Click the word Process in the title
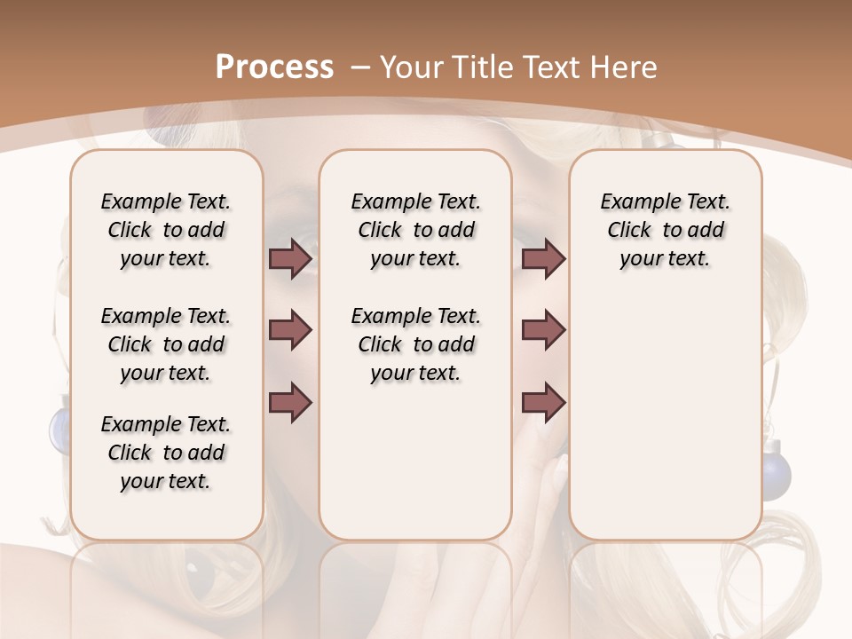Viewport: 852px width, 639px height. [x=274, y=67]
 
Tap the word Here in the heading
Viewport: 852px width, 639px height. [x=625, y=67]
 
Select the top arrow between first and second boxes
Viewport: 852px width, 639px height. [x=291, y=259]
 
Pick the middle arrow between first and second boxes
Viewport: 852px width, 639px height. [x=291, y=331]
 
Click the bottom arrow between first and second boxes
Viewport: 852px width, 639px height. [x=291, y=403]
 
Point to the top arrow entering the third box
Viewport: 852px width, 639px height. [x=543, y=259]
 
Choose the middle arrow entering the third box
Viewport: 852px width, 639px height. [x=543, y=331]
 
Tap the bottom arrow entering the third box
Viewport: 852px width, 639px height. [x=543, y=403]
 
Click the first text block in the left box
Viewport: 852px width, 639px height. [x=166, y=230]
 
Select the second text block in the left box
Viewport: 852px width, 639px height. [x=166, y=344]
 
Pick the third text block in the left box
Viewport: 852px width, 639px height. [x=166, y=453]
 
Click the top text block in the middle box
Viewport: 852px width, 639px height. [x=415, y=230]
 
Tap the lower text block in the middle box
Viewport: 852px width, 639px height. [x=415, y=344]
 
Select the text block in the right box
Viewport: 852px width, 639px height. [x=665, y=230]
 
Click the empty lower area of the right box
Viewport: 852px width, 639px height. [x=665, y=426]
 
